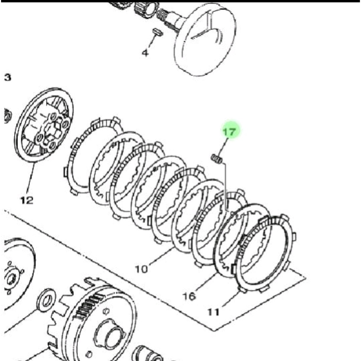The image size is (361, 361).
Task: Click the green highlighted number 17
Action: (230, 132)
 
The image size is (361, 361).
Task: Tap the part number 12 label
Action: (27, 200)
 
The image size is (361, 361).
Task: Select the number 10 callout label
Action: (141, 269)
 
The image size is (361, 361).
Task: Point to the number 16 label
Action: (189, 296)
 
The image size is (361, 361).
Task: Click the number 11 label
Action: (213, 312)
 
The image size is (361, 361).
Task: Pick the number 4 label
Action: (145, 53)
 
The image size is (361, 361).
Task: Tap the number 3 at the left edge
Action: (8, 78)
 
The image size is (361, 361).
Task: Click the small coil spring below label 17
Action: (217, 159)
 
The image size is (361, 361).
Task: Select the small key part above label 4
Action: (158, 32)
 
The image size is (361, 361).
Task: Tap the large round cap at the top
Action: (205, 39)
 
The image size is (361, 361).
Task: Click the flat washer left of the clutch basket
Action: (46, 300)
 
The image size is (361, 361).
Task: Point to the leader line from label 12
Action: (31, 178)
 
